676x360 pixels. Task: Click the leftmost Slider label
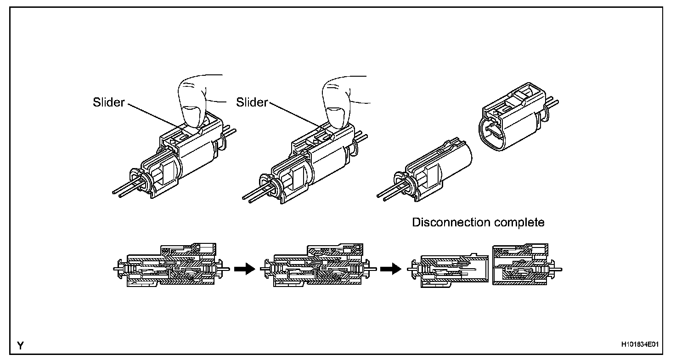108,102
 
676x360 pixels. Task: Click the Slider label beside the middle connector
252,102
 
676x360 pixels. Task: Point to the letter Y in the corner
21,345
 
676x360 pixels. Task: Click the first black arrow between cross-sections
244,269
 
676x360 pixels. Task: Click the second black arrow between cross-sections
391,269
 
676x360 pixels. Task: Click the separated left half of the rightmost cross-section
448,270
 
